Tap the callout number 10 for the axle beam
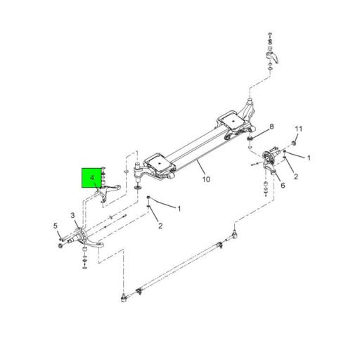point(206,180)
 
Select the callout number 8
point(273,127)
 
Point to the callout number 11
point(298,129)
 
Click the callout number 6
point(282,186)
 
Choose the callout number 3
point(73,215)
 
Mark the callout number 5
point(55,226)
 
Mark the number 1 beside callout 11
point(308,159)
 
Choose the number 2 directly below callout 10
point(160,226)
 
